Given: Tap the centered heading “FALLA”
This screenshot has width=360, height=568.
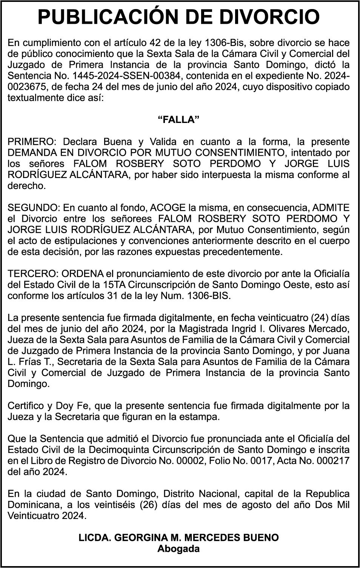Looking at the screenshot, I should click(178, 120).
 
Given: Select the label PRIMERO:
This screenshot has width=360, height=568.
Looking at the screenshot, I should click(32, 142).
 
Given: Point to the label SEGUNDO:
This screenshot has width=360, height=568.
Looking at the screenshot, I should click(34, 208).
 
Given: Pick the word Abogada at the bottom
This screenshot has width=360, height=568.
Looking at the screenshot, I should click(178, 548).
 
